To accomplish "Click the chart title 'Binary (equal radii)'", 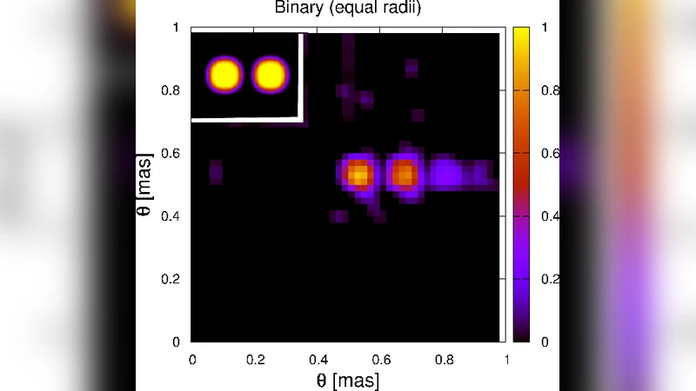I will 347,9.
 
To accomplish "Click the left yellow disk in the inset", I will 225,75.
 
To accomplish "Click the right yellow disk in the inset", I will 269,75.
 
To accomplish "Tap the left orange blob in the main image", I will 358,174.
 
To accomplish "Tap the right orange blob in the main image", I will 403,174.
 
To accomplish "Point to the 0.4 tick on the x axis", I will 318,357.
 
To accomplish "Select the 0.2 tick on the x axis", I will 255,357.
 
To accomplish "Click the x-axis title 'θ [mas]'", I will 347,379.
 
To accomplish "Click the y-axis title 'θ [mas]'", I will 147,185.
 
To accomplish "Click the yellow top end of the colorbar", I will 521,35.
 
